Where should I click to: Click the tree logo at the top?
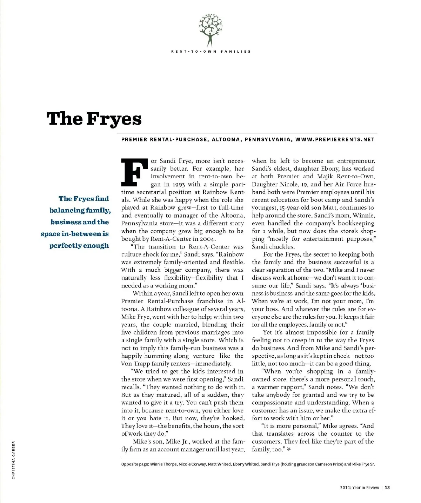210,30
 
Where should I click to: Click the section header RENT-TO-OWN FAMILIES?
211,52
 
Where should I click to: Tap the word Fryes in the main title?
114,119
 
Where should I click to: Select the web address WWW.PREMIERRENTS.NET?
335,139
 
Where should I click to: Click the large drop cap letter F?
134,172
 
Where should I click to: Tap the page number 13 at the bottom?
387,487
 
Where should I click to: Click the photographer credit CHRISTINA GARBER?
13,460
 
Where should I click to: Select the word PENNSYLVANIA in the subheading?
268,139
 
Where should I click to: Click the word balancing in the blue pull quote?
67,211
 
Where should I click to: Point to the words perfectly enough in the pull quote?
79,246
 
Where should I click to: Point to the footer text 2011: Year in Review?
359,487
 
